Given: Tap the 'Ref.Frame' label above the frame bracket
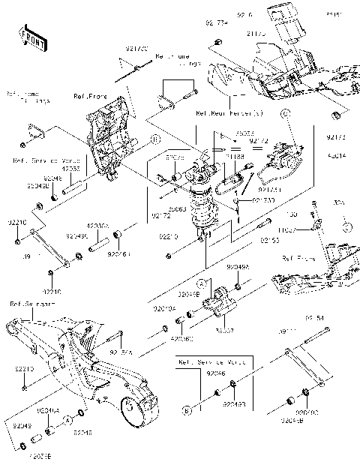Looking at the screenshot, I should point(109,96).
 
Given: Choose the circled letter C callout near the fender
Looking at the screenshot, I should point(285,113).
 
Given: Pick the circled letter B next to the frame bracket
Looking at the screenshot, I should point(154,139).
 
